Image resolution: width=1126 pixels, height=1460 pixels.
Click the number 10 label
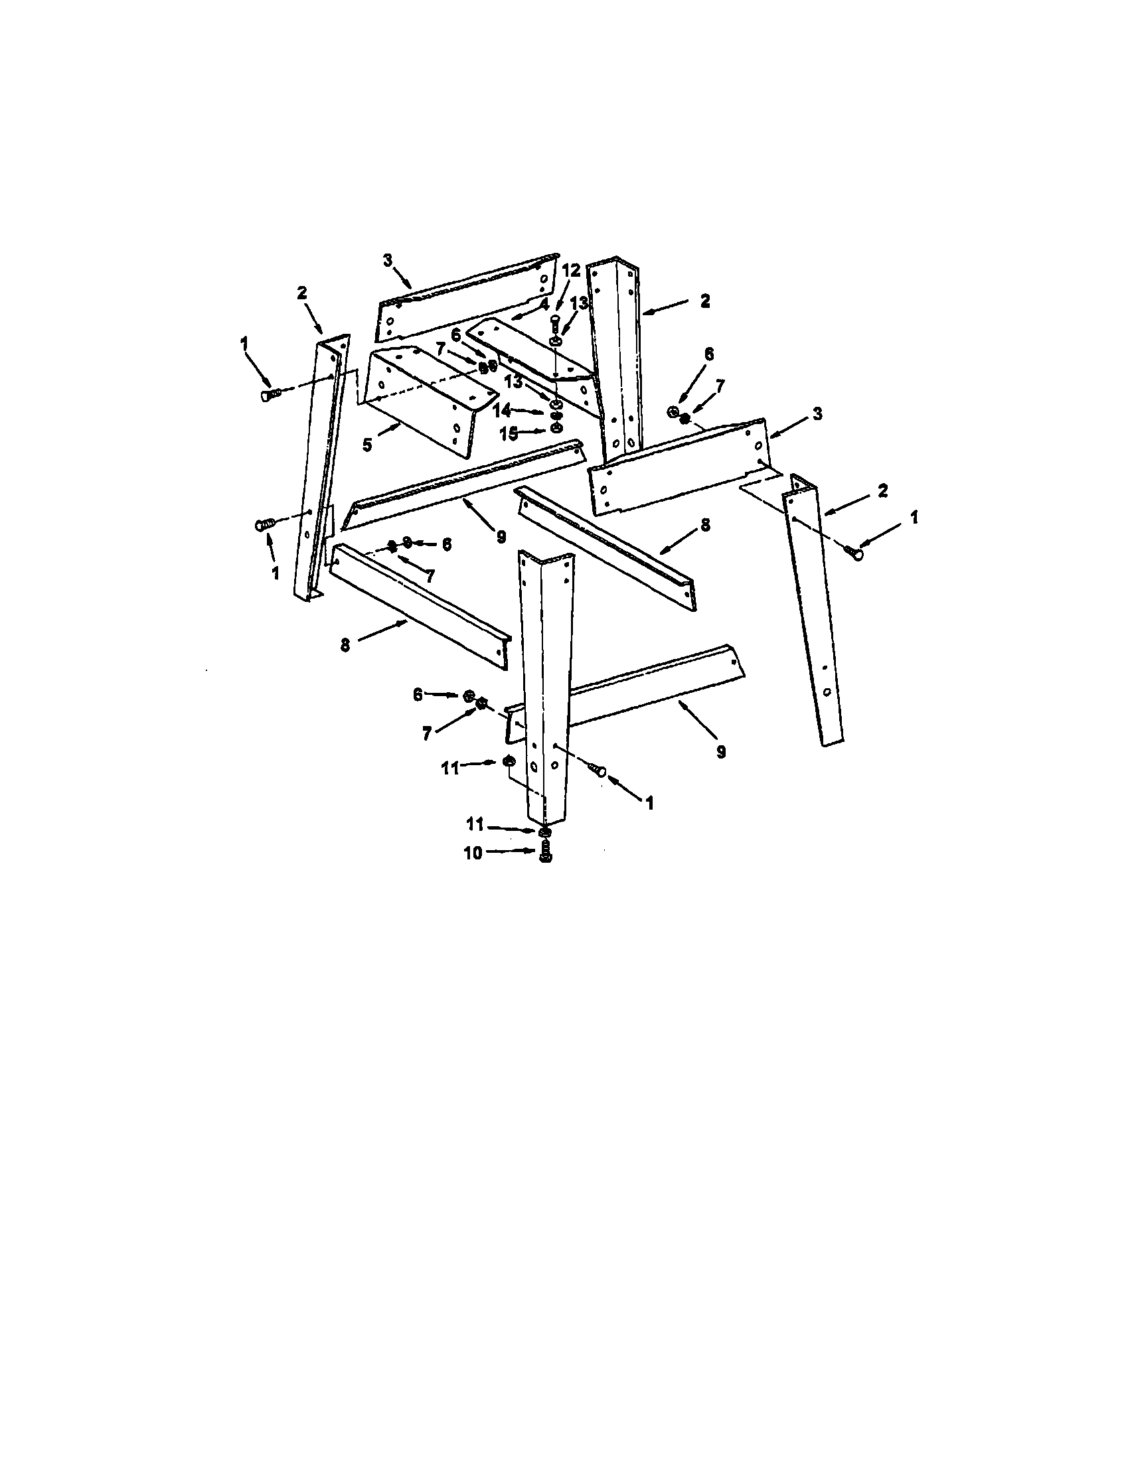(473, 853)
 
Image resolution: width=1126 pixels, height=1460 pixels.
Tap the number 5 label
(367, 445)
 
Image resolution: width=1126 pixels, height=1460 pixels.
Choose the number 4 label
(544, 303)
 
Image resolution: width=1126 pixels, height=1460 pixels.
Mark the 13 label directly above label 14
(513, 382)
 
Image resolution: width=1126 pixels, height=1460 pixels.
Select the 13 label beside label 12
(579, 302)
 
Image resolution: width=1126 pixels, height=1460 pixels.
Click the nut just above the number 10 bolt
(545, 832)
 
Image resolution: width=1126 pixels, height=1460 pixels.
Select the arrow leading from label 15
(535, 431)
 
